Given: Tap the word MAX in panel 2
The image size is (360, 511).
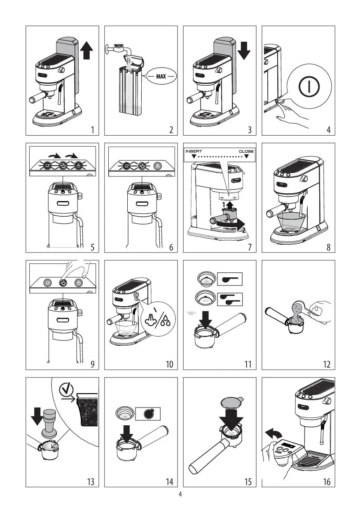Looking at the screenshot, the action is (161, 76).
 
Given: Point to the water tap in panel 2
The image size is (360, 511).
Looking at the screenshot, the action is (119, 49).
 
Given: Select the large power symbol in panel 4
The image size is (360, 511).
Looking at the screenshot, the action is (309, 87).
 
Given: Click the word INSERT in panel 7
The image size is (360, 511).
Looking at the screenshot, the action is (194, 151).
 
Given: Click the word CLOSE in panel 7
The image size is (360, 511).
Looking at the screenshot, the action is (246, 151).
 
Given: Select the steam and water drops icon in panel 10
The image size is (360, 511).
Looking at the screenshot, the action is (159, 319).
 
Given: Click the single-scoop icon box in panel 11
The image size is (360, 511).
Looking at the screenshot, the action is (230, 279).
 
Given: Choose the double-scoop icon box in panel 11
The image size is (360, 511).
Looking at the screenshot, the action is (230, 299).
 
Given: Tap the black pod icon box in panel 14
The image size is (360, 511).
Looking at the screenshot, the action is (148, 414).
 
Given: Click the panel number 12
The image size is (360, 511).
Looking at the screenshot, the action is (327, 364).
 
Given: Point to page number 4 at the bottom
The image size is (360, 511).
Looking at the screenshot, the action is (180, 495).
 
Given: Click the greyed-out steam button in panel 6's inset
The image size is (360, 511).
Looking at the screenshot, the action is (157, 166).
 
